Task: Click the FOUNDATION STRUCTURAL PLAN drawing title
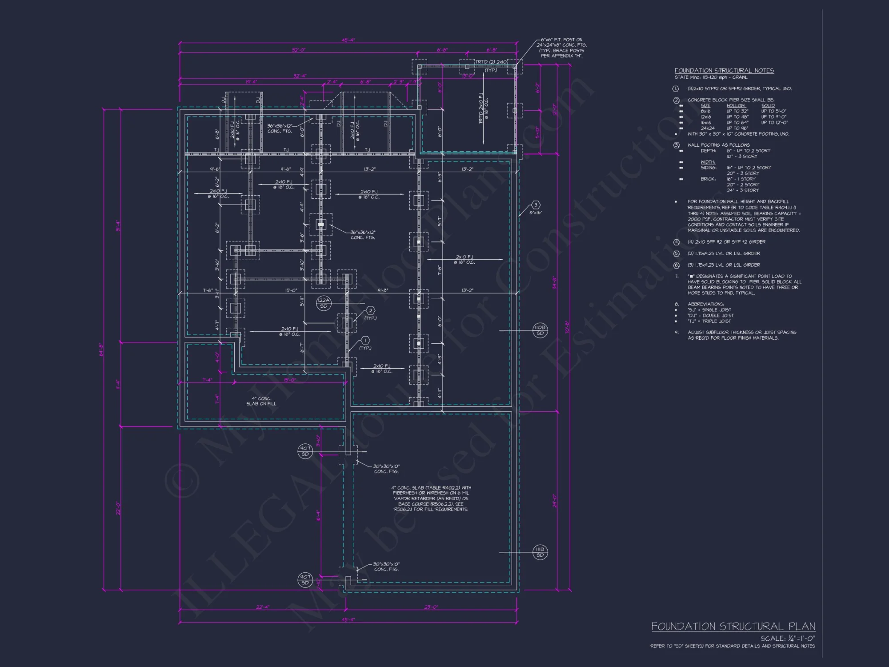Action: pos(733,626)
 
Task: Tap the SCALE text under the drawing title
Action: pos(788,638)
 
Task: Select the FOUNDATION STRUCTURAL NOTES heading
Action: pos(724,70)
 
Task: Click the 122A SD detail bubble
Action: pos(324,303)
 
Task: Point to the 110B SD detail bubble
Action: pos(540,330)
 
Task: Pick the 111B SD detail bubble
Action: pos(540,552)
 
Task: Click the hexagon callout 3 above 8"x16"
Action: pos(536,205)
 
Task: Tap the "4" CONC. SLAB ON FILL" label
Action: pos(261,401)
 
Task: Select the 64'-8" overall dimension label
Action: pos(101,350)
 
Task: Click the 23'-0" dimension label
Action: pos(431,607)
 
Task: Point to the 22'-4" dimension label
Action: pos(263,607)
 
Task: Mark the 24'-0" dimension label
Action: pos(554,501)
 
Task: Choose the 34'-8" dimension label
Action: pos(554,283)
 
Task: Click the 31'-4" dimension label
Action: pos(118,226)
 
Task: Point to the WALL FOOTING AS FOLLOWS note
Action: pos(718,145)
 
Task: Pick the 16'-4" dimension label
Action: pos(318,516)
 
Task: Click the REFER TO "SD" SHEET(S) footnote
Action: pos(733,646)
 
